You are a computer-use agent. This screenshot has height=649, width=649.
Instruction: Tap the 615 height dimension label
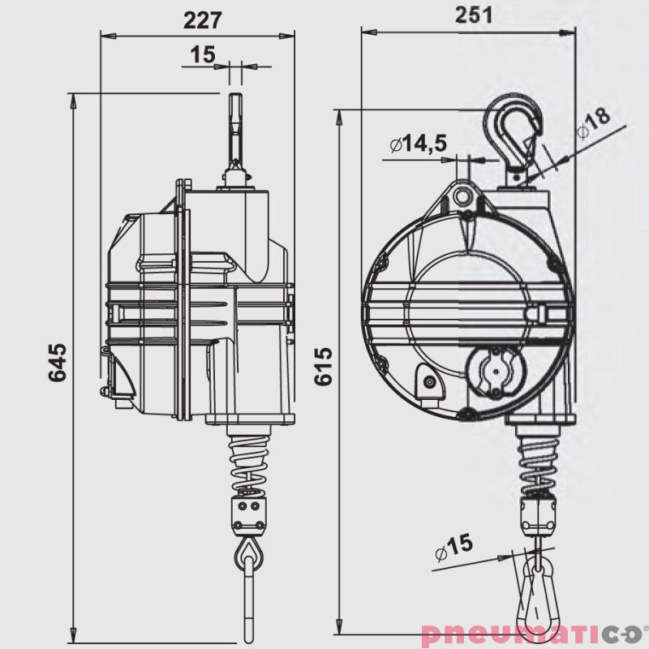pyautogui.click(x=322, y=367)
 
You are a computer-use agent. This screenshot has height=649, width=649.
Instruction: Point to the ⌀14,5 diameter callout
pyautogui.click(x=418, y=144)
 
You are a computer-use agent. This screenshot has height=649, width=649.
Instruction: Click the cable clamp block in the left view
pyautogui.click(x=248, y=513)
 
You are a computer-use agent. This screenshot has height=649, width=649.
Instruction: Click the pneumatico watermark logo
pyautogui.click(x=532, y=634)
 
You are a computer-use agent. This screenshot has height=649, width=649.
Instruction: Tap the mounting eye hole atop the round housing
pyautogui.click(x=465, y=196)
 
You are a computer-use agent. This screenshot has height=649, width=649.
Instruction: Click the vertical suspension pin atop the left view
pyautogui.click(x=235, y=130)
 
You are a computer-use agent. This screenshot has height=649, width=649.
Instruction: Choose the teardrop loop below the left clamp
pyautogui.click(x=247, y=555)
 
